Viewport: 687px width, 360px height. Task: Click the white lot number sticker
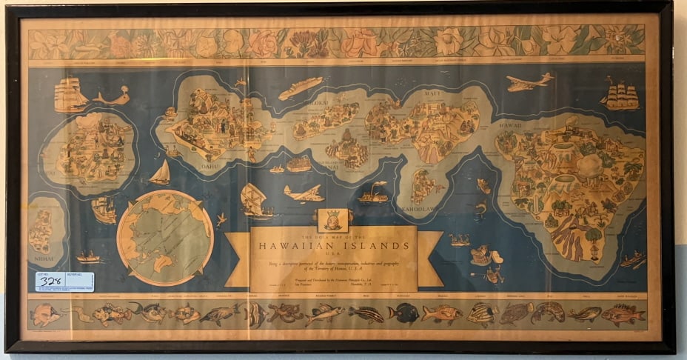pyautogui.click(x=64, y=281)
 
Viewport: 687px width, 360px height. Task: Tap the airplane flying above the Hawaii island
pyautogui.click(x=529, y=81)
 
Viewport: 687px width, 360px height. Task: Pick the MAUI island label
pyautogui.click(x=432, y=94)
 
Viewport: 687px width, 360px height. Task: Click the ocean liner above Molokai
pyautogui.click(x=300, y=88)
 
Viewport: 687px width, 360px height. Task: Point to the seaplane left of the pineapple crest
pyautogui.click(x=304, y=193)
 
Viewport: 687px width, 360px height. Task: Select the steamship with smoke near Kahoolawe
pyautogui.click(x=374, y=195)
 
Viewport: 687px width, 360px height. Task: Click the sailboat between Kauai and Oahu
pyautogui.click(x=159, y=173)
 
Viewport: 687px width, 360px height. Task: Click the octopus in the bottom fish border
pyautogui.click(x=285, y=313)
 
